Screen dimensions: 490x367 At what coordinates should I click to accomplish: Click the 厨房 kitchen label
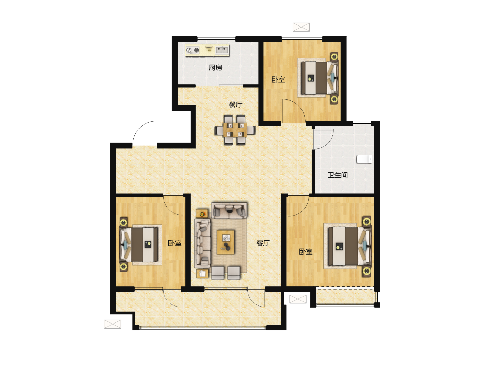(x=215, y=68)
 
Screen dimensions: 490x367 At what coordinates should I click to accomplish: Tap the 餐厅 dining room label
(x=236, y=104)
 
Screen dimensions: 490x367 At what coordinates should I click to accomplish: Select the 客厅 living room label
(x=263, y=243)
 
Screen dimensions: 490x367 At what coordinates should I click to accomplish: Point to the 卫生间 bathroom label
(x=338, y=175)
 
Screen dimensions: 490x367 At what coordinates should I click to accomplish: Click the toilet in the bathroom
(x=364, y=159)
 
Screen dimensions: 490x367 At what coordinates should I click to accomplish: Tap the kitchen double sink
(x=222, y=50)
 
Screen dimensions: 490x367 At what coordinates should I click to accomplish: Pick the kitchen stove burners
(x=193, y=50)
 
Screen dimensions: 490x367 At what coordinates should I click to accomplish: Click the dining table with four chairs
(x=235, y=130)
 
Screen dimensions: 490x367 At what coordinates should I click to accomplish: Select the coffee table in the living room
(x=226, y=242)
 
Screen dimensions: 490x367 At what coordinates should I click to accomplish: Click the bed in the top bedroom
(x=319, y=78)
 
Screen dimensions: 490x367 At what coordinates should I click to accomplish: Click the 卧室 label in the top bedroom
(x=278, y=80)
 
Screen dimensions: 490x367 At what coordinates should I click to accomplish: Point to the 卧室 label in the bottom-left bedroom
(x=175, y=243)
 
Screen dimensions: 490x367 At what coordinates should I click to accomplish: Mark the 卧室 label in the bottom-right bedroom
(x=306, y=251)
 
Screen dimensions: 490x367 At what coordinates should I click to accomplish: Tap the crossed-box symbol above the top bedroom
(x=301, y=27)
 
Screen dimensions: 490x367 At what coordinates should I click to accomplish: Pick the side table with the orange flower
(x=202, y=213)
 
